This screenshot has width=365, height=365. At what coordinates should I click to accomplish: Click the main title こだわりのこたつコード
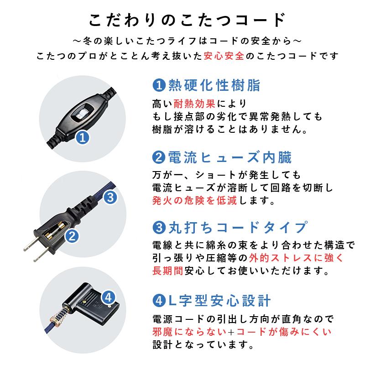(182, 21)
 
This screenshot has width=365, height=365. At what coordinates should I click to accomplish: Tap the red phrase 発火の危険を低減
(194, 200)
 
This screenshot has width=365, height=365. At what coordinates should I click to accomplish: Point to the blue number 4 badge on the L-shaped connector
(109, 297)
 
